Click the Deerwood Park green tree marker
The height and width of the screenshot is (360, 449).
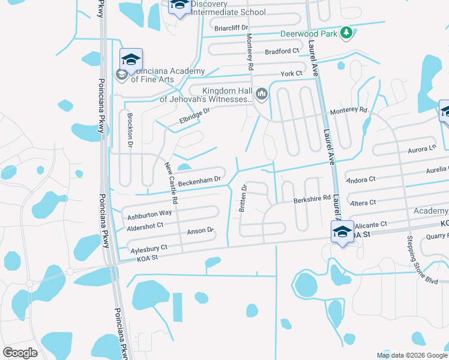[346, 34]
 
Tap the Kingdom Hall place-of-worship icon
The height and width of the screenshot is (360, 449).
[262, 94]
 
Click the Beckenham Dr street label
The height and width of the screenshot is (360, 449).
[200, 179]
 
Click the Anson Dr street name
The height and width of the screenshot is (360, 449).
[201, 230]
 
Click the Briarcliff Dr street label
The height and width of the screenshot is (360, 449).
[231, 28]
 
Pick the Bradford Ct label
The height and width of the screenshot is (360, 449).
[282, 52]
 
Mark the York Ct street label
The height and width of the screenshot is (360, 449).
[291, 74]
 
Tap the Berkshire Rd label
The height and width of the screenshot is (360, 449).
[312, 198]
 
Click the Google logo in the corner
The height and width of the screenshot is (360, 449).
[20, 353]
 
